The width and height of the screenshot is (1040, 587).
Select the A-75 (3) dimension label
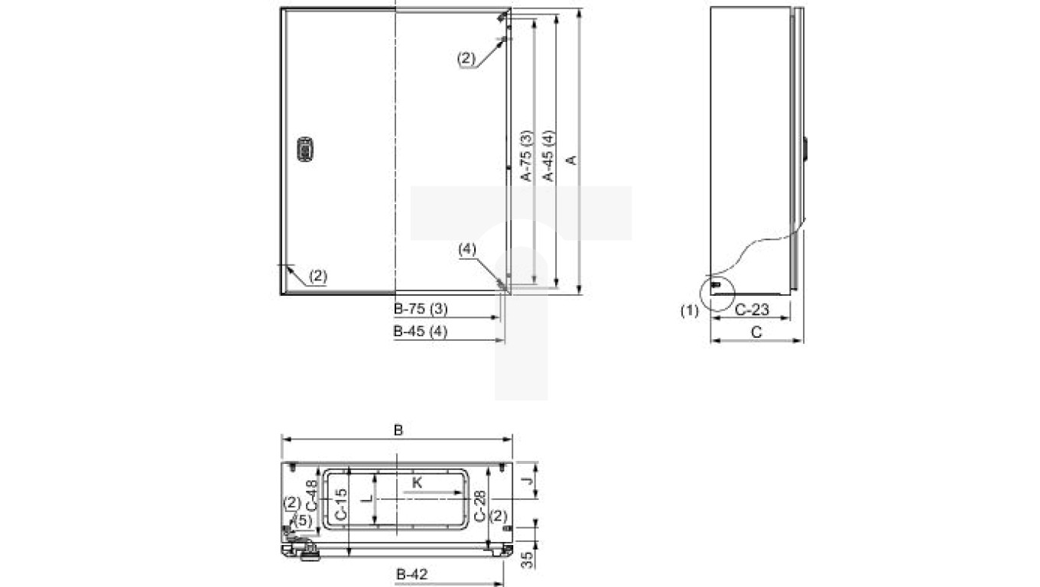[526, 155]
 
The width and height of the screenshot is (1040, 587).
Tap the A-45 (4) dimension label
[548, 155]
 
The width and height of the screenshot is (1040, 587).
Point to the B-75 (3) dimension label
[420, 310]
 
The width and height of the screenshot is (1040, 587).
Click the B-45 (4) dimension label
[420, 332]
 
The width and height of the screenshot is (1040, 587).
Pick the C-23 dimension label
[752, 310]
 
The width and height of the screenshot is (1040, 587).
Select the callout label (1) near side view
[690, 311]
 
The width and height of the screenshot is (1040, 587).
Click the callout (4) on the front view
[467, 249]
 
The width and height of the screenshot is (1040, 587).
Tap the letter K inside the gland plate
[417, 482]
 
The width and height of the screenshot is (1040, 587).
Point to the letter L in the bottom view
[366, 498]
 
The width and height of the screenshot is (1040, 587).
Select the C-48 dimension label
[311, 495]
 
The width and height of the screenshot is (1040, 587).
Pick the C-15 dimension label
[341, 504]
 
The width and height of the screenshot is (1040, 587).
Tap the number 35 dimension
[526, 560]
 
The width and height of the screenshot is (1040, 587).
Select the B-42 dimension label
[411, 574]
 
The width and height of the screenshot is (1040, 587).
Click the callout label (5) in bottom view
[304, 520]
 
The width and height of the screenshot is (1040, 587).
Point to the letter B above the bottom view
[398, 430]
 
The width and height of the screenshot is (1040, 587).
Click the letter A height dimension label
[570, 159]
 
